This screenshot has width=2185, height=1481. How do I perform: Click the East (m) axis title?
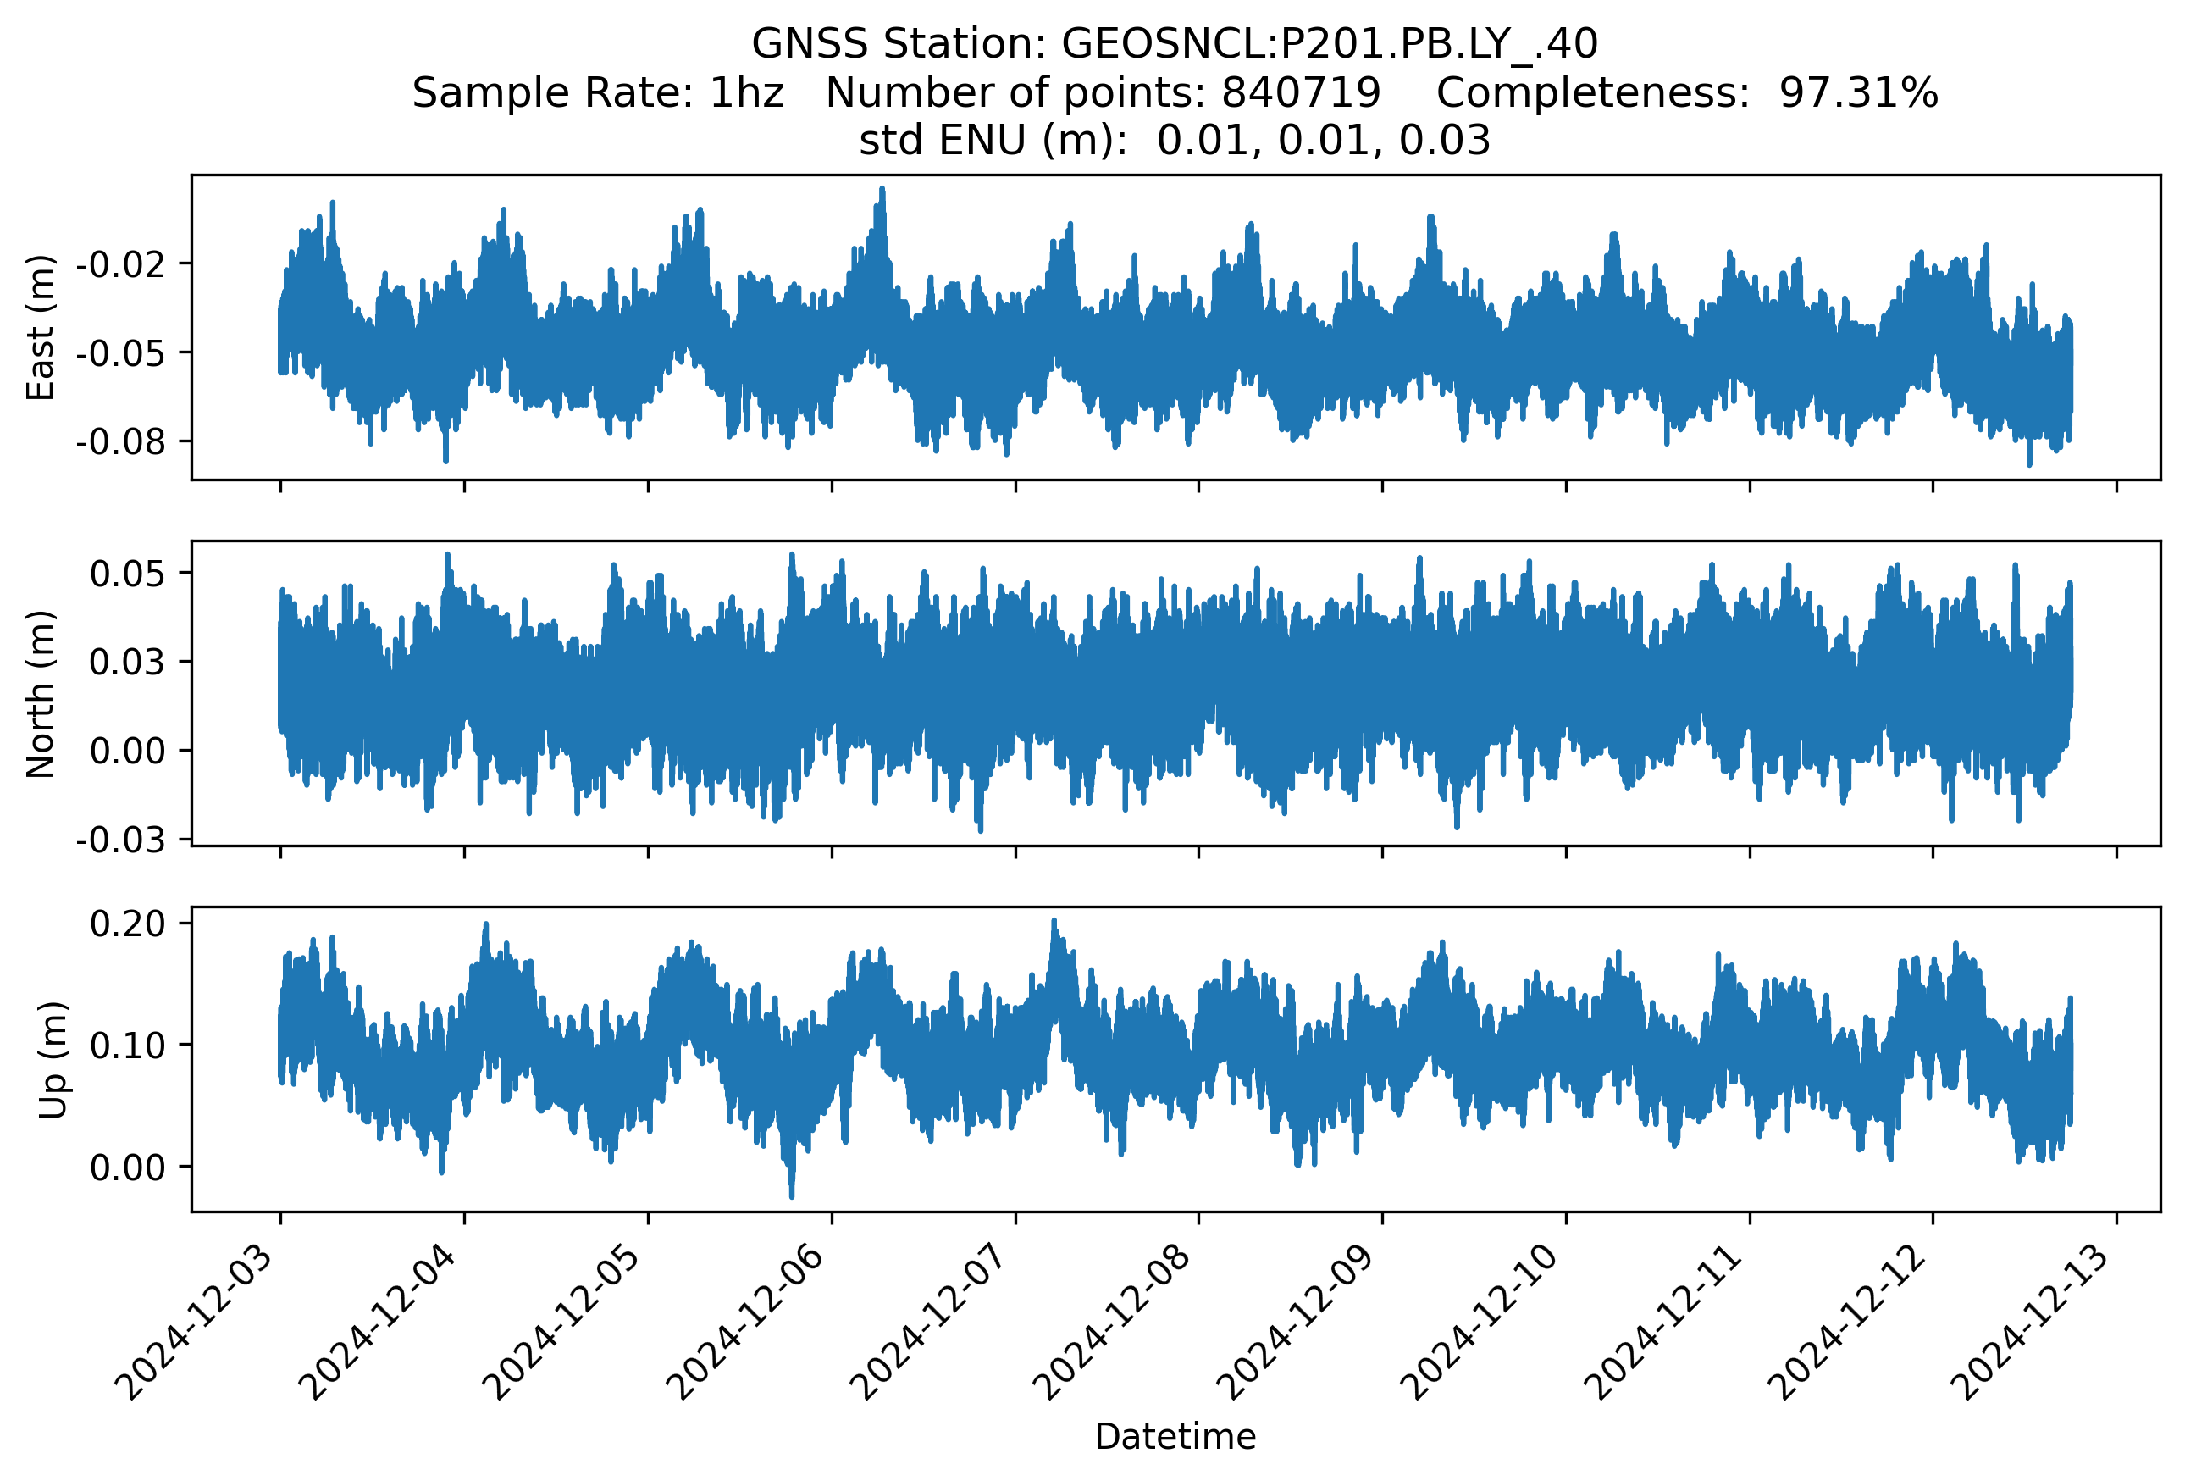point(41,327)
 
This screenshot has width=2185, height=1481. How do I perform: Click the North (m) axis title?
point(41,694)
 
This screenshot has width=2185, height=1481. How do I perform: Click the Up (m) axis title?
point(53,1060)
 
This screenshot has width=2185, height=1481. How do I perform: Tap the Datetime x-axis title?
point(1175,1436)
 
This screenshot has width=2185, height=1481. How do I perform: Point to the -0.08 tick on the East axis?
point(121,441)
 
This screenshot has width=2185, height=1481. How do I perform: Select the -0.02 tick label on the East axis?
point(121,264)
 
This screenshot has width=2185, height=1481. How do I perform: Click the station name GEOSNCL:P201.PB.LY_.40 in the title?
point(1330,43)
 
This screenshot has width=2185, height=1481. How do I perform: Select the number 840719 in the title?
point(1300,92)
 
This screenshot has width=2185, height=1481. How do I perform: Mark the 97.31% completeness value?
point(1858,92)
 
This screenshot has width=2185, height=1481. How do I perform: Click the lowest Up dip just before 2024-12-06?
point(791,1195)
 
